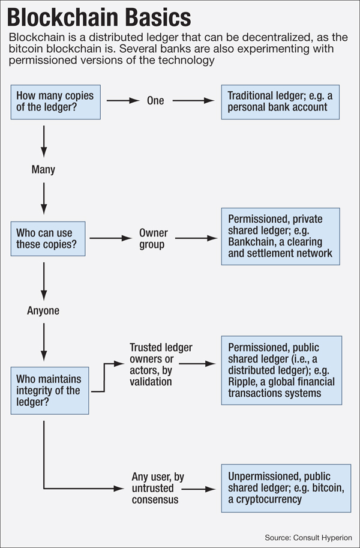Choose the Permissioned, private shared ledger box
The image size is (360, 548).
tap(281, 236)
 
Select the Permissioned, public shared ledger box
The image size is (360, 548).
tap(281, 370)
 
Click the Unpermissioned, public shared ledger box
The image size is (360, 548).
tap(281, 487)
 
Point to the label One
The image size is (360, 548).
tap(155, 101)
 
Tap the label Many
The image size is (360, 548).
tap(43, 170)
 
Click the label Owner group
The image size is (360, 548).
tap(154, 238)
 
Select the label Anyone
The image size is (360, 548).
tap(43, 311)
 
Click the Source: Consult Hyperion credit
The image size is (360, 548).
tap(308, 537)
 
